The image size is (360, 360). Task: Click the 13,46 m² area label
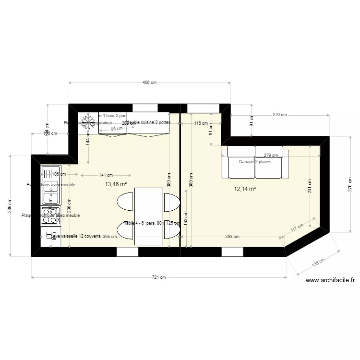point(116,184)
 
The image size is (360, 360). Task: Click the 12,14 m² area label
point(245,189)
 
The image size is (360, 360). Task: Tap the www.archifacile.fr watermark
point(330,281)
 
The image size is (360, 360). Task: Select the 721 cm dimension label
point(159,277)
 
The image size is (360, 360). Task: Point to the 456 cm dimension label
point(150,83)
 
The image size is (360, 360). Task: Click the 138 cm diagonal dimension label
point(318,263)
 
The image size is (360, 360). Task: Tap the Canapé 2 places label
point(255,162)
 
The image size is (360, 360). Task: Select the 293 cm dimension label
point(232,236)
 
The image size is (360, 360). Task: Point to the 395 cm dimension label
point(110,236)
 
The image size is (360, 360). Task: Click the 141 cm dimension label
point(106,175)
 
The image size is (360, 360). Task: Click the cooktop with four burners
point(50,213)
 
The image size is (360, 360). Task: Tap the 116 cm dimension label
point(201,123)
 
